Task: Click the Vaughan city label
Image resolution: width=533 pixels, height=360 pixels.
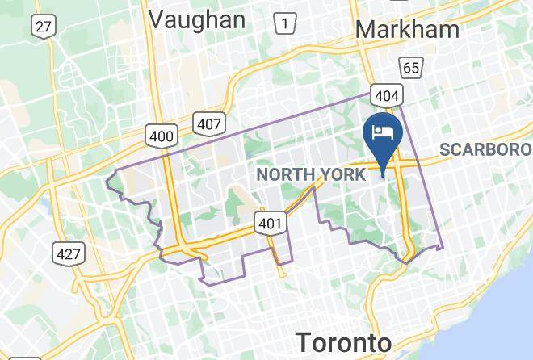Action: [198, 19]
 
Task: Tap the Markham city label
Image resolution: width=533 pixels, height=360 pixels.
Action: [407, 29]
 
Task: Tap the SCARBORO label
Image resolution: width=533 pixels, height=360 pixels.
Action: [485, 149]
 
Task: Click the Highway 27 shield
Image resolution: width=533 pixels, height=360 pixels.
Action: [43, 27]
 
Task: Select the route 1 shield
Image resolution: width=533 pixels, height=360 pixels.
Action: [283, 23]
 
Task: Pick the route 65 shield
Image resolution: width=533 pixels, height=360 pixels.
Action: [411, 68]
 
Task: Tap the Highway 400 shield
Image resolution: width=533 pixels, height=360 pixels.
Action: [161, 136]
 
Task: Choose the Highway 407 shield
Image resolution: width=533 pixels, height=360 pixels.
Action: [208, 123]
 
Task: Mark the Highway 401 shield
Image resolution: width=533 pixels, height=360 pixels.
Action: [269, 223]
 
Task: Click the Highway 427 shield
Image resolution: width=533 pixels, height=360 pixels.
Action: [69, 254]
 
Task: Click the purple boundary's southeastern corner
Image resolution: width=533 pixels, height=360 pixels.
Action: [443, 246]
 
